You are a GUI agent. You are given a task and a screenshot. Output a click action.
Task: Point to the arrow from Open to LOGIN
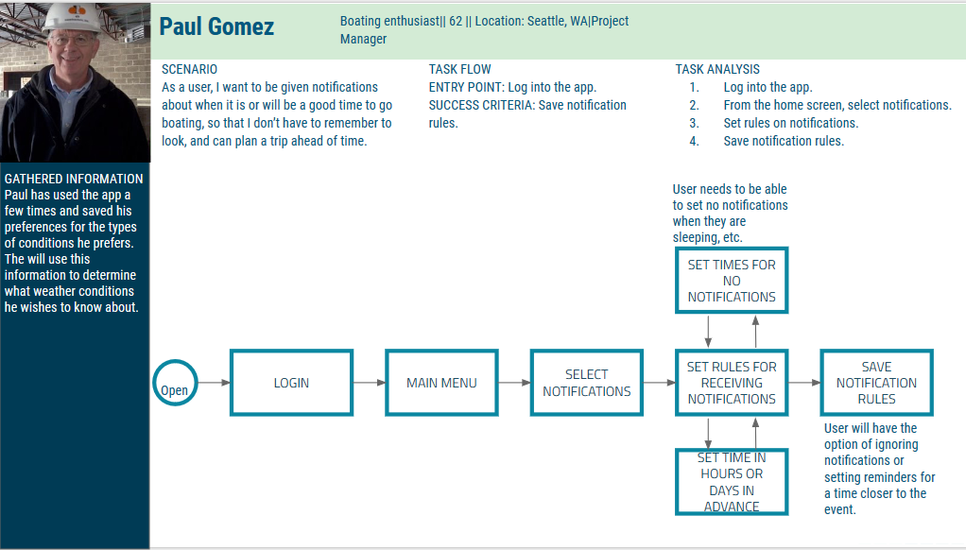[214, 383]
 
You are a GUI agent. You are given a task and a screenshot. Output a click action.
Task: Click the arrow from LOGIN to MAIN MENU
[370, 383]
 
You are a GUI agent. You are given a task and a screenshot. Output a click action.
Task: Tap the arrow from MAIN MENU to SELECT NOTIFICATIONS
[514, 383]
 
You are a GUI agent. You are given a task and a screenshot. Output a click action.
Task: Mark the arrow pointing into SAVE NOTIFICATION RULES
[804, 383]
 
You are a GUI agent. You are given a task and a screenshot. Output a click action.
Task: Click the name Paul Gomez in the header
[216, 26]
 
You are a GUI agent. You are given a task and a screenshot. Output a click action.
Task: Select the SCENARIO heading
[189, 69]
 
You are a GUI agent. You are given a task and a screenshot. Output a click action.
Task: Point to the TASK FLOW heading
[459, 69]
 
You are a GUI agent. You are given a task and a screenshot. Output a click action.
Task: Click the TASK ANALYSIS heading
[717, 69]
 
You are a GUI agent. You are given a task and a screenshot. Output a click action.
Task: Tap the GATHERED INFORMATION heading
[74, 179]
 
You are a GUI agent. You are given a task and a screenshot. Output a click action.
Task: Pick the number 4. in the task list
[695, 141]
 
